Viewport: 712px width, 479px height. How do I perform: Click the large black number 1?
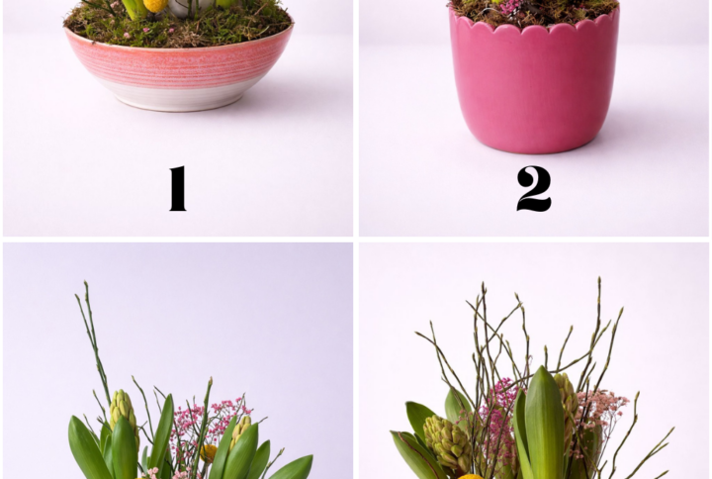pyautogui.click(x=178, y=188)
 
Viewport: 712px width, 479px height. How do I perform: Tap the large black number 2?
pyautogui.click(x=534, y=188)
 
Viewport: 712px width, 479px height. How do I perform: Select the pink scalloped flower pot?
pyautogui.click(x=534, y=79)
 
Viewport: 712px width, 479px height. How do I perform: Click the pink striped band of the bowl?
pyautogui.click(x=178, y=62)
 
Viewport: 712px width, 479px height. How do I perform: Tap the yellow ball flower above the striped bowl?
pyautogui.click(x=156, y=5)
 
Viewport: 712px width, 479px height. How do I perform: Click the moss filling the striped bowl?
pyautogui.click(x=178, y=28)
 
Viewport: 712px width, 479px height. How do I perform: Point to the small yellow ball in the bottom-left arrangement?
pyautogui.click(x=209, y=453)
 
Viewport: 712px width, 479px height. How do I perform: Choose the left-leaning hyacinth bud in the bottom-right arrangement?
pyautogui.click(x=448, y=444)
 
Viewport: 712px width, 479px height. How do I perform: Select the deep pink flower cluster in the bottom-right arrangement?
pyautogui.click(x=498, y=423)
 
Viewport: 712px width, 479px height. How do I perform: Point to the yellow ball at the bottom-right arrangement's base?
pyautogui.click(x=471, y=476)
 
